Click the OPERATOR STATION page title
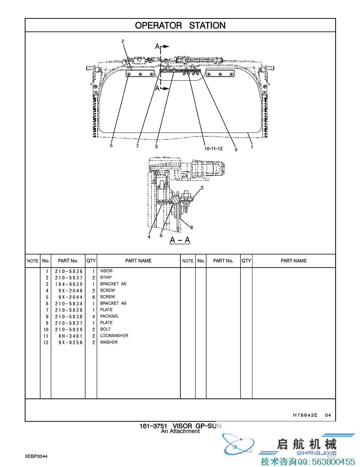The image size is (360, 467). [180, 26]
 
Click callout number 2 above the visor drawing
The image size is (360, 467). [123, 42]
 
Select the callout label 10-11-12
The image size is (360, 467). [213, 149]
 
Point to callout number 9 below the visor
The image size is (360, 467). [236, 150]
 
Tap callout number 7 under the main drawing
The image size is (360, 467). [137, 146]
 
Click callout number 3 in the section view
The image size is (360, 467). [202, 188]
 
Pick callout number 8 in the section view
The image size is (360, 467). [192, 227]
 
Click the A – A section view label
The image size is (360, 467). [180, 240]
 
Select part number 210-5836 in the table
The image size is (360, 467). [69, 271]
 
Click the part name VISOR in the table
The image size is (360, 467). [106, 271]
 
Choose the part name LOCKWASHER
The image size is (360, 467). [114, 335]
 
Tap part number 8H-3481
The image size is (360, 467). [71, 336]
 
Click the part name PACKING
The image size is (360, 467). [109, 316]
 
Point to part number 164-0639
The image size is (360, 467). [69, 284]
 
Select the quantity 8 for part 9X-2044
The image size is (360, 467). [93, 297]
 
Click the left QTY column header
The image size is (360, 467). [91, 261]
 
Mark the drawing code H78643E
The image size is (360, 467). [305, 415]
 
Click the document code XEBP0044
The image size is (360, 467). [36, 456]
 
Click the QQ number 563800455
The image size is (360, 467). [333, 461]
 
